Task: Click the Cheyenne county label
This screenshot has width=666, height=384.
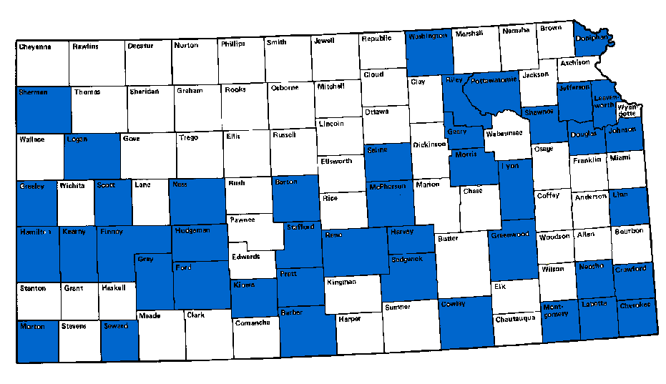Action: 35,46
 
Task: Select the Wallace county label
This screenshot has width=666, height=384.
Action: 32,139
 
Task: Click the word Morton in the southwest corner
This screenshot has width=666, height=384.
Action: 34,326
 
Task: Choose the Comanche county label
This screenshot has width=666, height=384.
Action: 252,323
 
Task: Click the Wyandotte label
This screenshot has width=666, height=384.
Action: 627,110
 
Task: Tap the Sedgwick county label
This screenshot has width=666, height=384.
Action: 407,259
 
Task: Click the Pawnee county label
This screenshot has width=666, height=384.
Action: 244,220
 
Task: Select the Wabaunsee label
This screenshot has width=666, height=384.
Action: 504,134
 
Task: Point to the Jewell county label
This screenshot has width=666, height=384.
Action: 323,41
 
